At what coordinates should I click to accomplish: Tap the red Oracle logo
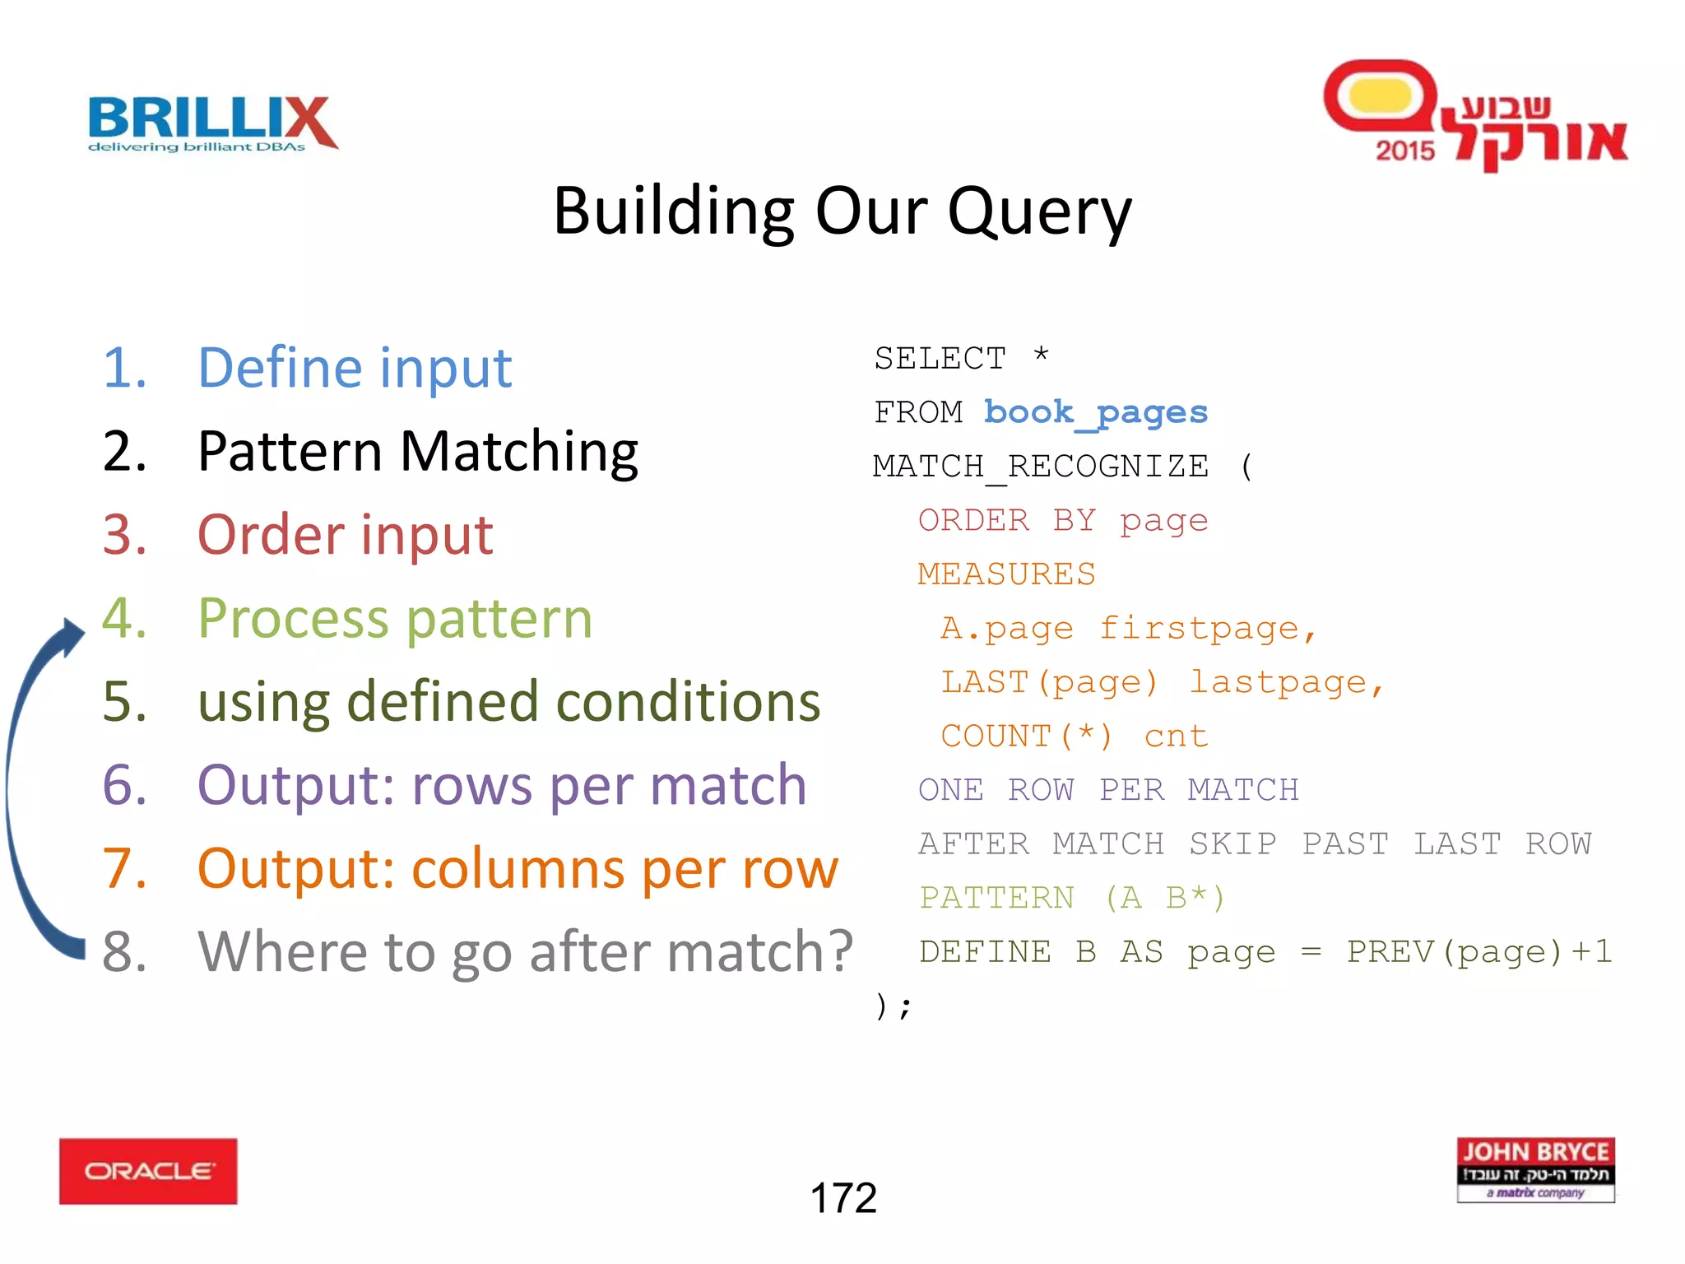pyautogui.click(x=148, y=1171)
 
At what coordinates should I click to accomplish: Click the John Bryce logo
pyautogui.click(x=1535, y=1169)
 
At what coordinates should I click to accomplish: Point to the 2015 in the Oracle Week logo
pyautogui.click(x=1404, y=151)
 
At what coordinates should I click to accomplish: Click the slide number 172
pyautogui.click(x=843, y=1197)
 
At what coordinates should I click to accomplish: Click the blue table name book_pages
pyautogui.click(x=1095, y=411)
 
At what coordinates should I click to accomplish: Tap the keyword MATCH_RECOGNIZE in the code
pyautogui.click(x=1041, y=467)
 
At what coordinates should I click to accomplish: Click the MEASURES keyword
pyautogui.click(x=1006, y=574)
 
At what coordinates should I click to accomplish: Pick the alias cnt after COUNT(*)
pyautogui.click(x=1176, y=737)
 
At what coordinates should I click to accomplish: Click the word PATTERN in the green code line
pyautogui.click(x=996, y=898)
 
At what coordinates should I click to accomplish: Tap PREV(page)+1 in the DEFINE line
pyautogui.click(x=1478, y=952)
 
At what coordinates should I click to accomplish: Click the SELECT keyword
pyautogui.click(x=940, y=359)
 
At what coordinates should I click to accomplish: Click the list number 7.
pyautogui.click(x=124, y=869)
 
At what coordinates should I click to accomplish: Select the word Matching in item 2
pyautogui.click(x=518, y=453)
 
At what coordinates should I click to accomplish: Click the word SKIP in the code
pyautogui.click(x=1232, y=844)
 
